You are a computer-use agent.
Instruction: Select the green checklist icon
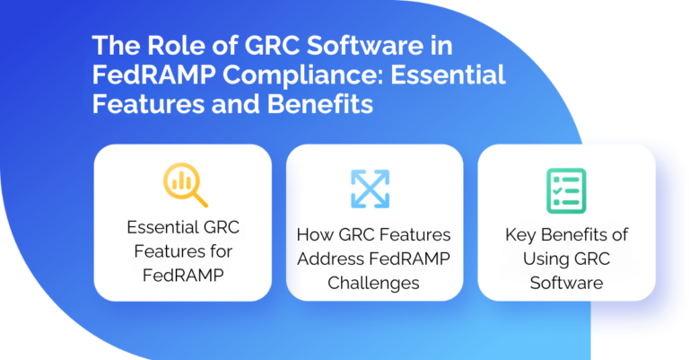(x=565, y=189)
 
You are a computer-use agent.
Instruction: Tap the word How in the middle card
(x=314, y=235)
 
